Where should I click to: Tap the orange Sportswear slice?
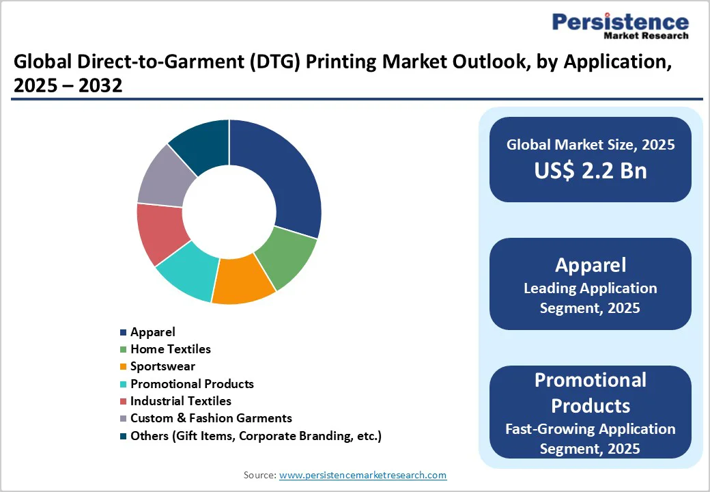click(242, 280)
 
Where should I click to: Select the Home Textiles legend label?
click(171, 349)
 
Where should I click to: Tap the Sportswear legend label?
click(162, 366)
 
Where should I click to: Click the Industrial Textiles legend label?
click(181, 401)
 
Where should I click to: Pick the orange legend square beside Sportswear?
click(123, 367)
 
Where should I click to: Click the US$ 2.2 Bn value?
click(591, 171)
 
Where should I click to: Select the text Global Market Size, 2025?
click(591, 144)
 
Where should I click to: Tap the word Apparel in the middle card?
click(591, 266)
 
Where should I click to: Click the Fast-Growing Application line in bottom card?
click(591, 429)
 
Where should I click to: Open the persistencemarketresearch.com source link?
click(363, 475)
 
